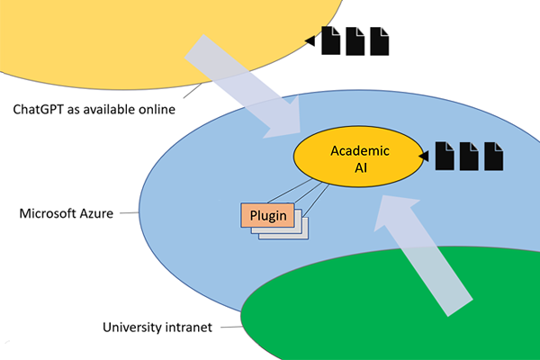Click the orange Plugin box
267,215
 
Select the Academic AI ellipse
358,157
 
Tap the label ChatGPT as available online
94,110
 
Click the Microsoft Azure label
66,213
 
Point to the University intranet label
157,328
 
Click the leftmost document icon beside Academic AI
445,156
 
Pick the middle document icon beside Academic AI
469,156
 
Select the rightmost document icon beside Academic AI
493,156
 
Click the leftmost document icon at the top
330,40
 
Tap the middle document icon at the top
355,40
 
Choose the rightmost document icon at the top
380,40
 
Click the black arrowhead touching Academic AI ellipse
424,157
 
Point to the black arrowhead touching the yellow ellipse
310,41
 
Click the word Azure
96,213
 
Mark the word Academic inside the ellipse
360,151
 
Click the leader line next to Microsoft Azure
129,213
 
